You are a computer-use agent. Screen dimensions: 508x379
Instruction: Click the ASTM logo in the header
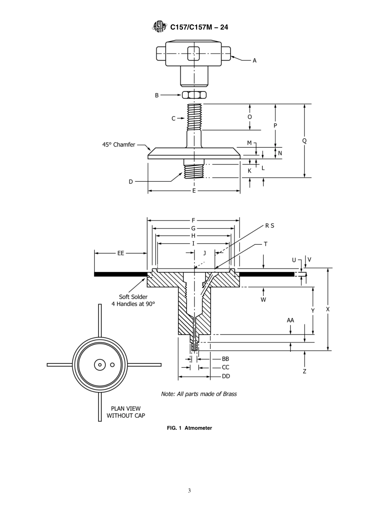coord(159,27)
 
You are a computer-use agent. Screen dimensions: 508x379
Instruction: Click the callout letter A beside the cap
coord(255,61)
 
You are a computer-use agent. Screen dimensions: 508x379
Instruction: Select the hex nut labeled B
coord(194,95)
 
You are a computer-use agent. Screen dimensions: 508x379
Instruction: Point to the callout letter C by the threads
coord(174,118)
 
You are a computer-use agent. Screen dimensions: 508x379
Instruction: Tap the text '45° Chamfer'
coord(118,145)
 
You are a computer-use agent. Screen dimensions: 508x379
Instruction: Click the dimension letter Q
coord(304,141)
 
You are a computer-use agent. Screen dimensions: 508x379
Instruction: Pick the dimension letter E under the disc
coord(194,191)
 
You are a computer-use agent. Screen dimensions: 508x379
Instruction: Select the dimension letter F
coord(193,220)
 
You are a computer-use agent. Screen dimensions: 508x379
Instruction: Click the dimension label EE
coord(120,253)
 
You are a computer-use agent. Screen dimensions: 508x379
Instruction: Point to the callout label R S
coord(270,226)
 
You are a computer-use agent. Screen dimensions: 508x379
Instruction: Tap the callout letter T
coord(265,244)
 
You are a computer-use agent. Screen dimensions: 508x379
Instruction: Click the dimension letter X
coord(328,309)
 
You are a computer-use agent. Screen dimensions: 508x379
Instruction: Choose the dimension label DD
coord(226,376)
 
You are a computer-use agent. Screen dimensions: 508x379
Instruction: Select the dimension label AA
coord(290,320)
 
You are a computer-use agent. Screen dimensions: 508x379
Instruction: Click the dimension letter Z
coord(304,371)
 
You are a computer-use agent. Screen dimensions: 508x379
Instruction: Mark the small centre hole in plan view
coord(99,364)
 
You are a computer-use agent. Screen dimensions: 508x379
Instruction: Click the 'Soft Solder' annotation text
coord(133,297)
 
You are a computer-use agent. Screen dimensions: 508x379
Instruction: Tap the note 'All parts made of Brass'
coord(199,394)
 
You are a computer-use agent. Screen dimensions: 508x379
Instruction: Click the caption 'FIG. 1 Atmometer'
coord(189,428)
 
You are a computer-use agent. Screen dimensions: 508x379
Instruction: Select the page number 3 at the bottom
coord(189,490)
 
